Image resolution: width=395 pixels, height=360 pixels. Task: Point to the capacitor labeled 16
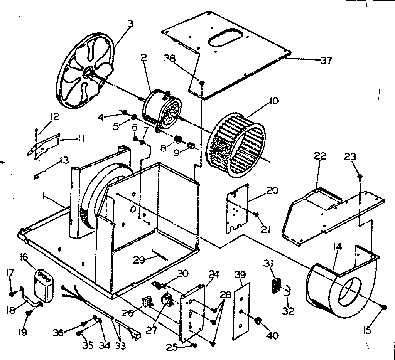point(43,284)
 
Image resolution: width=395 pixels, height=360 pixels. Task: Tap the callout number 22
point(320,156)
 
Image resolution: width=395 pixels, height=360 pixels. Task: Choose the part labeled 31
point(275,287)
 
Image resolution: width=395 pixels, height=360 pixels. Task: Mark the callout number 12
point(54,116)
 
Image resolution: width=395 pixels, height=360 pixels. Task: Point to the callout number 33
point(121,346)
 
